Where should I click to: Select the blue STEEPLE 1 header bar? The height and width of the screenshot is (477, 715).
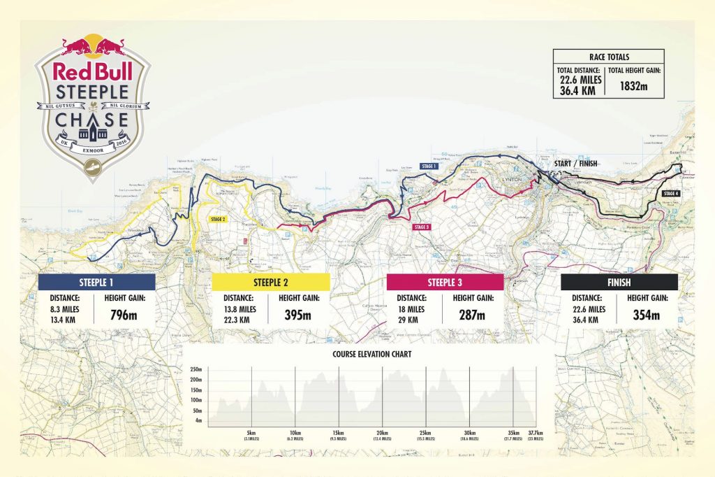(x=96, y=282)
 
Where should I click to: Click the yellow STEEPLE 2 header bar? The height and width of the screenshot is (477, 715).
(x=270, y=282)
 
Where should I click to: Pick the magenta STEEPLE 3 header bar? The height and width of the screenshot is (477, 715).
(x=445, y=282)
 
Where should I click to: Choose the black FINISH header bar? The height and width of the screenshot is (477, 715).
(x=619, y=282)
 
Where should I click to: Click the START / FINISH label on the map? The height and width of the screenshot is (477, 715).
(x=575, y=164)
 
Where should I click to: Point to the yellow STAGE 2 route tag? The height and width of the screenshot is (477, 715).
(x=217, y=219)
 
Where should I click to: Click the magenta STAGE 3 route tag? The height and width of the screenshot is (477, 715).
(x=422, y=227)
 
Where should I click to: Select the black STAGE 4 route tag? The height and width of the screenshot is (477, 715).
(x=670, y=192)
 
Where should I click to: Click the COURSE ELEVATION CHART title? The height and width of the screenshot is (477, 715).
(x=371, y=354)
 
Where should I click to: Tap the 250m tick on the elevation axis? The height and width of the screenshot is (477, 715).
(x=196, y=369)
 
